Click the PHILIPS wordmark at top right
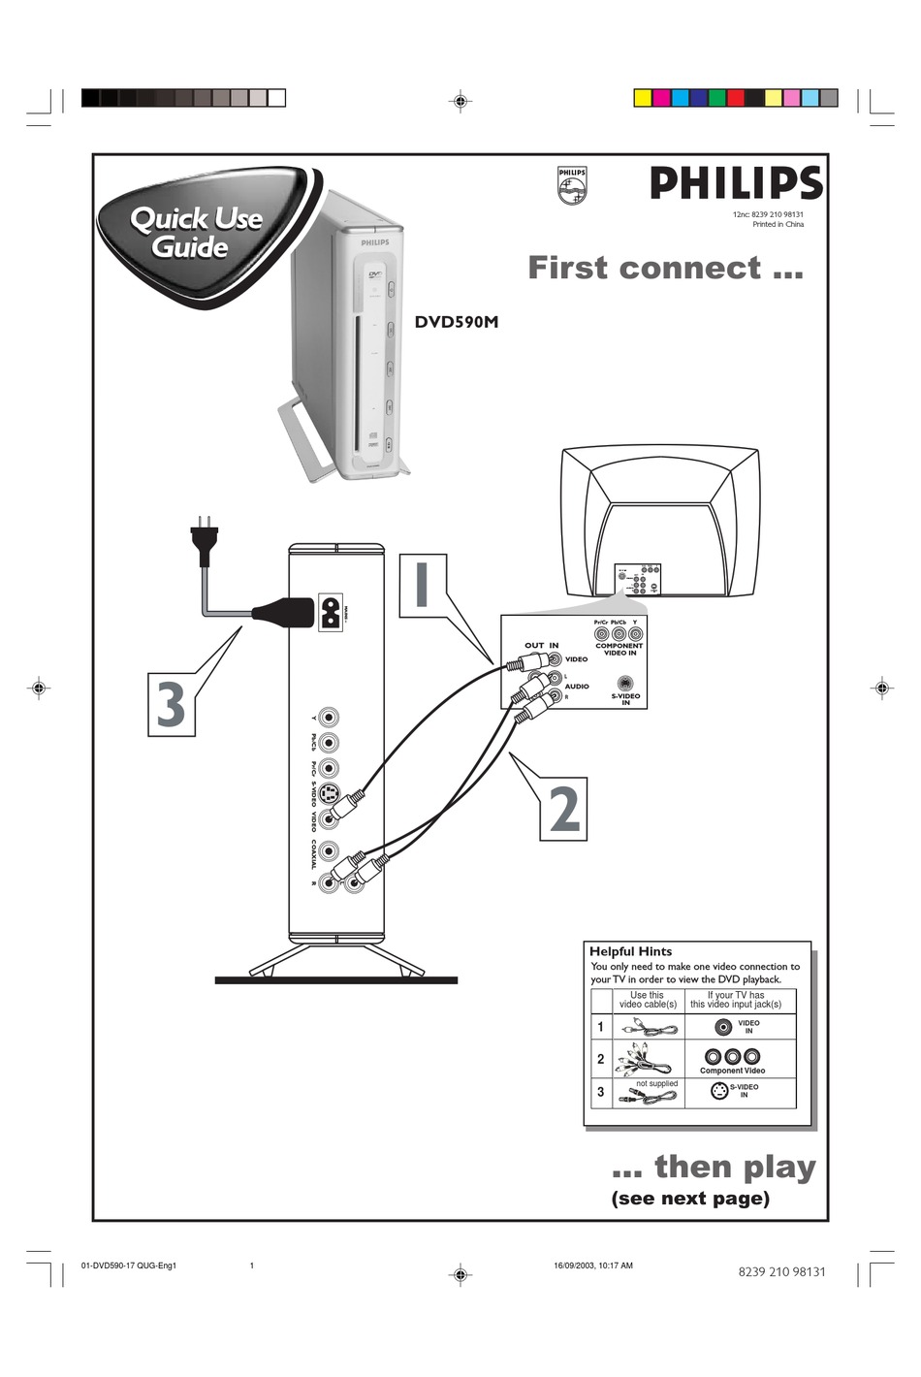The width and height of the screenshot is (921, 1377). point(736,183)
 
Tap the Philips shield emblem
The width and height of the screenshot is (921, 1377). point(572,185)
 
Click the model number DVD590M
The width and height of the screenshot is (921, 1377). point(457,322)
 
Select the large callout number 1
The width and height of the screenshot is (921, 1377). point(422,586)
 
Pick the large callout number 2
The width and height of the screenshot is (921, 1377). point(564,809)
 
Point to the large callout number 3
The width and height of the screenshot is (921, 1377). point(172,705)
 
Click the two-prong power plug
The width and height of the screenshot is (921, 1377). point(205,542)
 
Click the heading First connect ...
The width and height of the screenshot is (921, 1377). point(665,268)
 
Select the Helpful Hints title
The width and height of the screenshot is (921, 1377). point(630,951)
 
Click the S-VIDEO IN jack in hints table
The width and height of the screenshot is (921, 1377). point(719,1091)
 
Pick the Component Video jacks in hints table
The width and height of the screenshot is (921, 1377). point(732,1056)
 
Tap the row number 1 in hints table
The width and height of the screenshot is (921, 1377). point(600,1027)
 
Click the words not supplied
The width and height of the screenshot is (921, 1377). point(656,1083)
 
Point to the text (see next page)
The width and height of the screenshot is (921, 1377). point(690,1199)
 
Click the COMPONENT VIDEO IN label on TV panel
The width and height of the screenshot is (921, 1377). point(619,649)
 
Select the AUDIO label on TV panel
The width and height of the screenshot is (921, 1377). point(577,686)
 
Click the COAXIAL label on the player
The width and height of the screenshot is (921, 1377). point(314,853)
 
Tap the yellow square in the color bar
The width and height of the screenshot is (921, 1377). point(642,98)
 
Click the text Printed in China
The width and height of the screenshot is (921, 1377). point(778,224)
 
